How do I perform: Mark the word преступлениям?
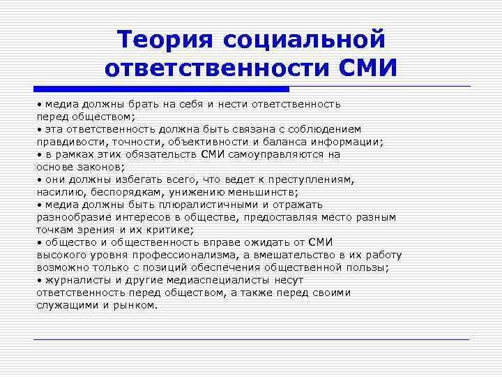click(x=306, y=179)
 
